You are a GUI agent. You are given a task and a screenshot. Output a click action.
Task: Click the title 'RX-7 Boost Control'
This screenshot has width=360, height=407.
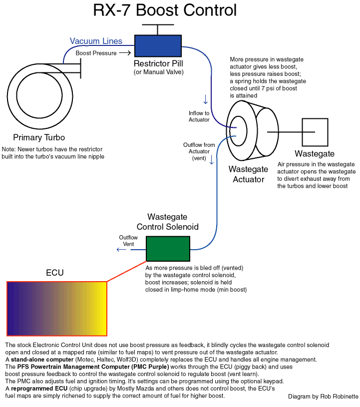(165, 11)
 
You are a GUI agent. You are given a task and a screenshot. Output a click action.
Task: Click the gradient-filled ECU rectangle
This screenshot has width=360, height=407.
(57, 308)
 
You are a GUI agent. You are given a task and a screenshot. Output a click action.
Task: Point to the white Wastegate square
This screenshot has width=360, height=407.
(314, 132)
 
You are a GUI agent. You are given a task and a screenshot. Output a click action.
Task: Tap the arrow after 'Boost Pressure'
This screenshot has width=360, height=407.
(125, 53)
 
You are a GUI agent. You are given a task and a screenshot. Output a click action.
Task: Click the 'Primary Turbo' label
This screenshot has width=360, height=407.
(39, 138)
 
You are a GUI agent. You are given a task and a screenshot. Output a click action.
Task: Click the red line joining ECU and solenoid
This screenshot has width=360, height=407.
(127, 272)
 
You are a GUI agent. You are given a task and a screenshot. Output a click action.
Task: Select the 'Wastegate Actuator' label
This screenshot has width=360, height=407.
(248, 175)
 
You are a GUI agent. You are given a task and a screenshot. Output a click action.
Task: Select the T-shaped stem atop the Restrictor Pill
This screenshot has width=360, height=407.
(158, 29)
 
